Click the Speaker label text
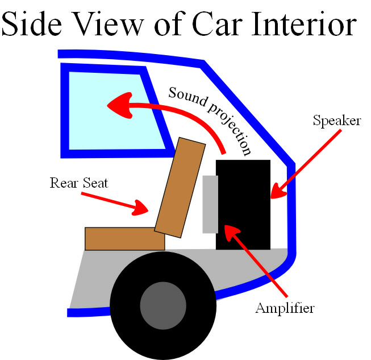tap(336, 121)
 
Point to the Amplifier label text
tap(285, 309)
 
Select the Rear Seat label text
tap(78, 183)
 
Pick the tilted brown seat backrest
tap(180, 188)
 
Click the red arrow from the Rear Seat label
tap(114, 202)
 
